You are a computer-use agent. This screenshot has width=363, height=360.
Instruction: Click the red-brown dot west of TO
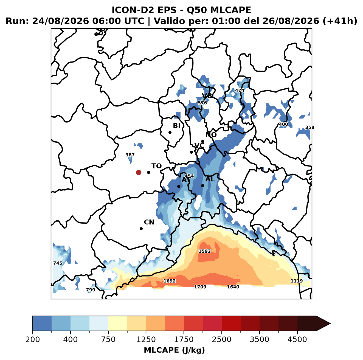[x=139, y=172]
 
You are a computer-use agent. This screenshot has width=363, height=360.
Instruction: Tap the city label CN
[x=149, y=222]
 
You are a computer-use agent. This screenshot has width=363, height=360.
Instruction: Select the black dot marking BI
[x=170, y=132]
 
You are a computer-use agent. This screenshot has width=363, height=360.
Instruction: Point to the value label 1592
[x=205, y=251]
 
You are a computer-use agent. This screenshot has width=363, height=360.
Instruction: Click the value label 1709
[x=200, y=287]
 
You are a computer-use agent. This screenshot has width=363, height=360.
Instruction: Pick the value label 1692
[x=170, y=281]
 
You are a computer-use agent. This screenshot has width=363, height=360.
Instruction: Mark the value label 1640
[x=233, y=287]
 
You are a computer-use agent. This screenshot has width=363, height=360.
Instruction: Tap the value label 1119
[x=297, y=281]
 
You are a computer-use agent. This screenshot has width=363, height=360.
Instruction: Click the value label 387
[x=130, y=155]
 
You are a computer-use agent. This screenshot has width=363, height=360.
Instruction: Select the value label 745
[x=58, y=263]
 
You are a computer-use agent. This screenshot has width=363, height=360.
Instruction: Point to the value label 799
[x=91, y=290]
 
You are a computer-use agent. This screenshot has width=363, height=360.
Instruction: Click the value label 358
[x=310, y=127]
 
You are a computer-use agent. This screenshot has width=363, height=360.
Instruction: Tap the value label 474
[x=240, y=91]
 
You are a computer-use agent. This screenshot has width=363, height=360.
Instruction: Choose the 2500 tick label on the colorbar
[x=221, y=339]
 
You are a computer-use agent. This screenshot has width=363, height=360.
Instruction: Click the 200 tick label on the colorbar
[x=33, y=339]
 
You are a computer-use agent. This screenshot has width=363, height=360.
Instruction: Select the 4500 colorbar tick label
[x=297, y=339]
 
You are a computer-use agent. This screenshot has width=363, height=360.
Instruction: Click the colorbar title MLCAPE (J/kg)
[x=174, y=350]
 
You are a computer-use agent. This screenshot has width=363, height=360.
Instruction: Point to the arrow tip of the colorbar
[x=330, y=324]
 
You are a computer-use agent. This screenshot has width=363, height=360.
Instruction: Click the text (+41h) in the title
[x=340, y=21]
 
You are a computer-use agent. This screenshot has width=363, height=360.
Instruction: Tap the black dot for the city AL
[x=202, y=185]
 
